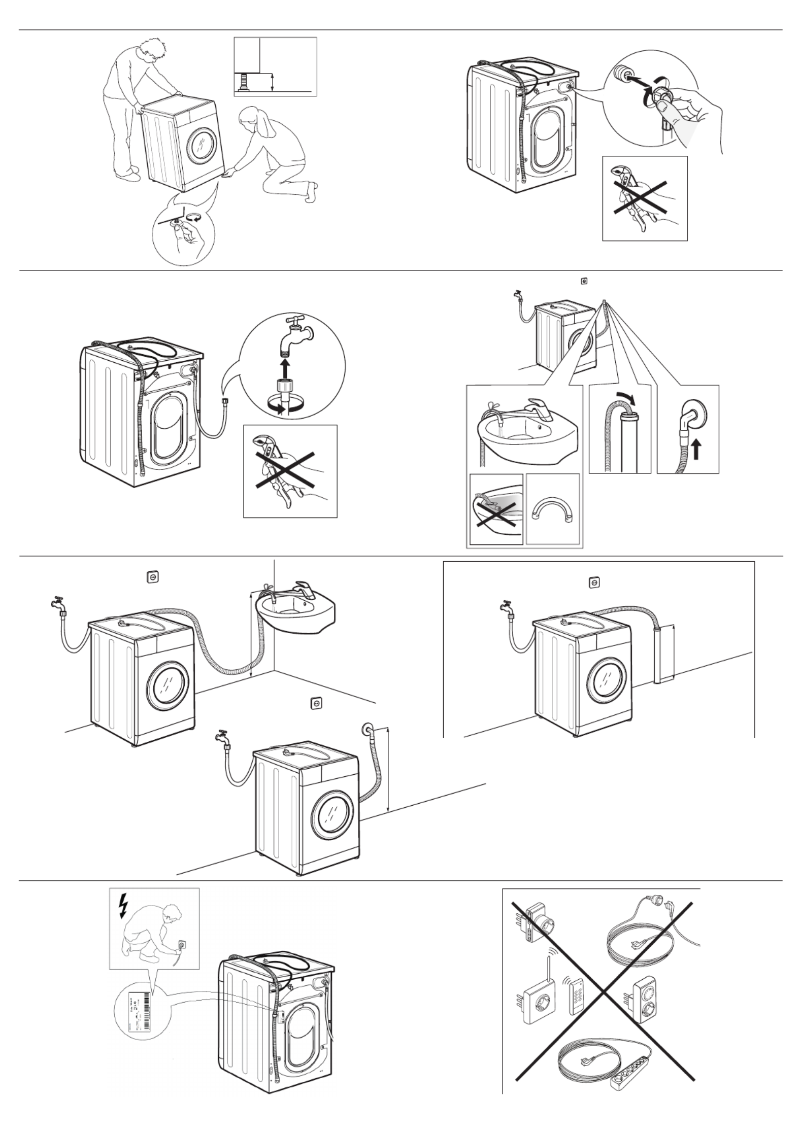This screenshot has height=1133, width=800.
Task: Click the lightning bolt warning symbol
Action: (x=122, y=907)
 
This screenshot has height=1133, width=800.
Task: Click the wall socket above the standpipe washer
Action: (x=594, y=582)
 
